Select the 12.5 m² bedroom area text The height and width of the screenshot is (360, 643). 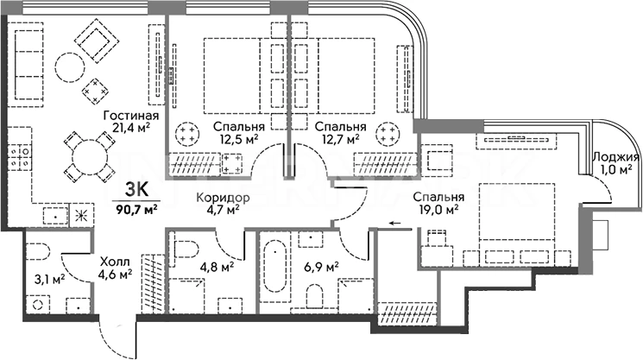tap(239, 138)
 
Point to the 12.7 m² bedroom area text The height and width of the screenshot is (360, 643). tap(342, 138)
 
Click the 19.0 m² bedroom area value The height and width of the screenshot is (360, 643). tap(438, 208)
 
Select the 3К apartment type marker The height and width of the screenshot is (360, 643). tap(136, 191)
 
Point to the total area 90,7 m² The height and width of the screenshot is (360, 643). tap(135, 206)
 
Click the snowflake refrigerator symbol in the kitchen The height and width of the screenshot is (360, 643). tap(83, 215)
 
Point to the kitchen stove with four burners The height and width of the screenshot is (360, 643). tap(22, 156)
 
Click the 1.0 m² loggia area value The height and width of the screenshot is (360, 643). tap(616, 171)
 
